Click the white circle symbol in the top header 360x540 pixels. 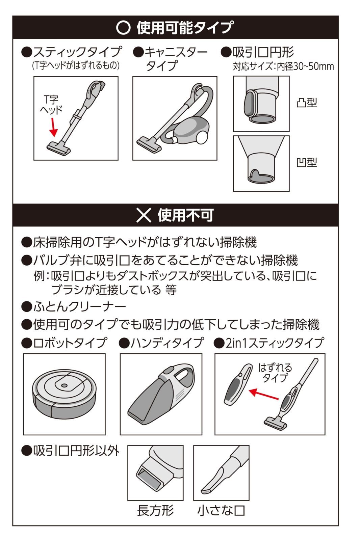(123, 28)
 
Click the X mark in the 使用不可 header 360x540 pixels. (144, 215)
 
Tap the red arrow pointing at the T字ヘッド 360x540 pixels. (54, 127)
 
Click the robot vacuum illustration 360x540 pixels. (64, 394)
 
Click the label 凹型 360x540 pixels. (306, 162)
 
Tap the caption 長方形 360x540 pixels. (155, 510)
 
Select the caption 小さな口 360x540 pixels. (221, 510)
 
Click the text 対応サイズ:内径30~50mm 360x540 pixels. (283, 66)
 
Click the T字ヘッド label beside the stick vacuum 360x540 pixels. (51, 105)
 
